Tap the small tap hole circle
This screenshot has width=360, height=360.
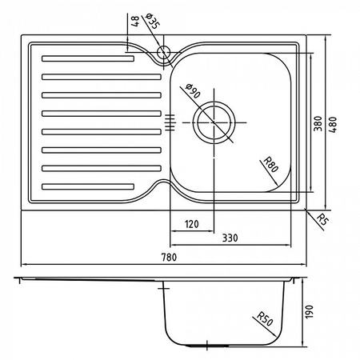(163, 54)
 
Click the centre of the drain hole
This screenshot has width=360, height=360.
(216, 122)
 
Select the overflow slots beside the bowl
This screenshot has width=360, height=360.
(169, 122)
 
